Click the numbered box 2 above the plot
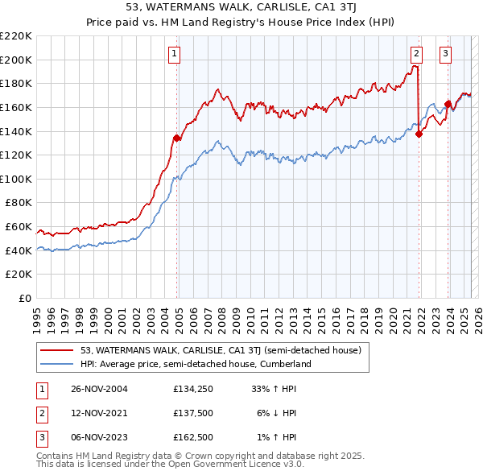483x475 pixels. pos(416,54)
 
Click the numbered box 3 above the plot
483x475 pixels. pos(445,54)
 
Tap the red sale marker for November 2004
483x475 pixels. pos(177,138)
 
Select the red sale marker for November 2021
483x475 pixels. pos(419,134)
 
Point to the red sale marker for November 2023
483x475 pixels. pos(448,104)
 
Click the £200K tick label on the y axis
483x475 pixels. pos(16,60)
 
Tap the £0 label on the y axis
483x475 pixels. pos(24,298)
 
